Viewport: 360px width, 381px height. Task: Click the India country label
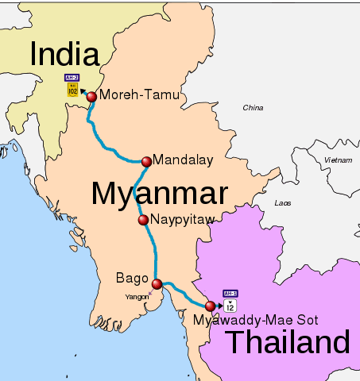(64, 55)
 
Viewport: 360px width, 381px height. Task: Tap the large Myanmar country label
(159, 194)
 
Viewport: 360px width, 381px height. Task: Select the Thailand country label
(288, 344)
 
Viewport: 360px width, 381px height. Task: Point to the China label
(253, 107)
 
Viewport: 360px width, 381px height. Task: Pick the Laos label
(282, 203)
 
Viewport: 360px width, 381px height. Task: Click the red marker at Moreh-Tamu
(91, 97)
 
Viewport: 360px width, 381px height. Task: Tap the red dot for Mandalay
(146, 162)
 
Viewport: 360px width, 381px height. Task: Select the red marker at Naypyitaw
(143, 220)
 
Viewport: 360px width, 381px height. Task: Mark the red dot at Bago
(157, 284)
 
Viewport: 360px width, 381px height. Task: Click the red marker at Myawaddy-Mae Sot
(210, 306)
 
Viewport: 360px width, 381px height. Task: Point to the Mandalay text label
(183, 160)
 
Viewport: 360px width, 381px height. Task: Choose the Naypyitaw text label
(183, 220)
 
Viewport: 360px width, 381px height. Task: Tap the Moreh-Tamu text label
(140, 96)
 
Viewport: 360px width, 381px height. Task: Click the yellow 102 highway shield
(72, 90)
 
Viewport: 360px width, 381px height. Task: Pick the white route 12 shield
(230, 306)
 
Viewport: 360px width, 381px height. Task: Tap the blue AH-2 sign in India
(72, 78)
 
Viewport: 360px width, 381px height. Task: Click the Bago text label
(132, 278)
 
